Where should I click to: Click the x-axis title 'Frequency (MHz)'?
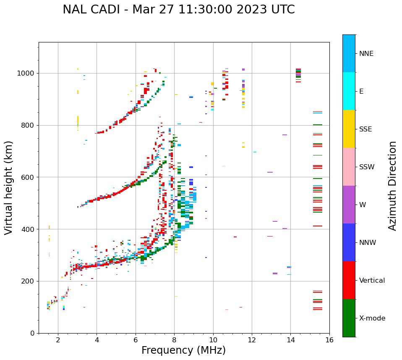coord(183,350)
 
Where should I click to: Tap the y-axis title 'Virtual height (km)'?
coord(9,187)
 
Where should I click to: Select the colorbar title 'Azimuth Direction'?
coord(392,186)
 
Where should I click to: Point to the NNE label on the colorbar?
coord(366,54)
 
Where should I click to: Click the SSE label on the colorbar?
coord(365,129)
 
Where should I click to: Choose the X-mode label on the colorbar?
coord(372,318)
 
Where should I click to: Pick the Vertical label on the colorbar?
coord(372,281)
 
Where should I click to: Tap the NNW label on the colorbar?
coord(368,243)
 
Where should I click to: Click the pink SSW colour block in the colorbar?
coord(349,167)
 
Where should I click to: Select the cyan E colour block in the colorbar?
coord(349,91)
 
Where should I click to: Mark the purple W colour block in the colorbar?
coord(349,205)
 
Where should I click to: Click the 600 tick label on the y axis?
coord(29,177)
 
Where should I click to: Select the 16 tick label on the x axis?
coord(329,340)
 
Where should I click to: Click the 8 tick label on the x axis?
coord(174,340)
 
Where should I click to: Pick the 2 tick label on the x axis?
coord(58,340)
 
